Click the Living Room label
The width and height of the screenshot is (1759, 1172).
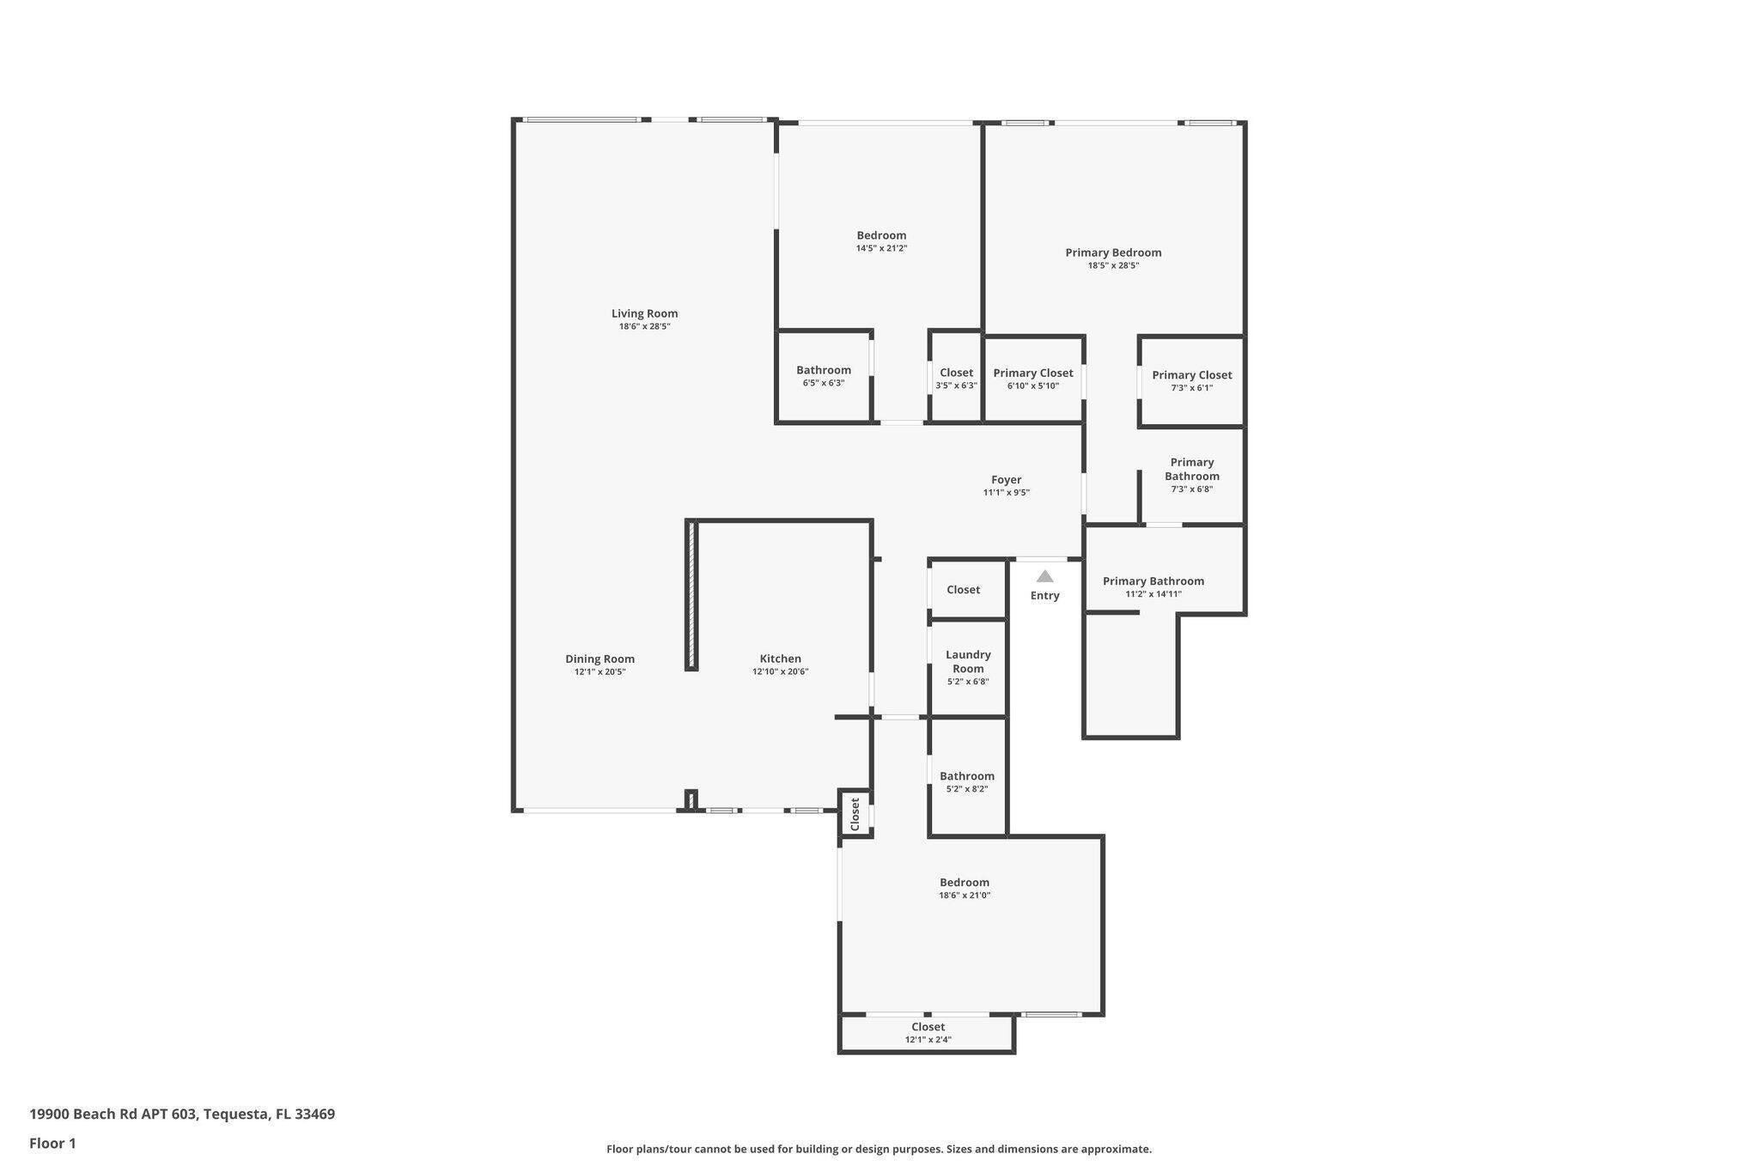tap(644, 313)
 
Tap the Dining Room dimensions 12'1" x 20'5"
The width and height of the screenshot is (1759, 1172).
tap(600, 672)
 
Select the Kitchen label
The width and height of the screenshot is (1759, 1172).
tap(781, 659)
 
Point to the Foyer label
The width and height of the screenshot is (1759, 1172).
tap(1007, 480)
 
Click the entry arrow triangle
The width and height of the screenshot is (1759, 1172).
tap(1044, 577)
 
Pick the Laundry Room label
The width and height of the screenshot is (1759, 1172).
tap(968, 661)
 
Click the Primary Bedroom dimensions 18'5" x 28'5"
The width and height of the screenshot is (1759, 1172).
tap(1114, 265)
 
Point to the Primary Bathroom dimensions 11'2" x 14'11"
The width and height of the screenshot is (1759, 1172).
tap(1153, 594)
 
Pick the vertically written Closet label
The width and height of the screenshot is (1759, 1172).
tap(855, 814)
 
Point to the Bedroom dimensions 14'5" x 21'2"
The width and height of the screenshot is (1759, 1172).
tap(881, 248)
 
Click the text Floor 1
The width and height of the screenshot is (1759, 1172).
tap(52, 1143)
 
